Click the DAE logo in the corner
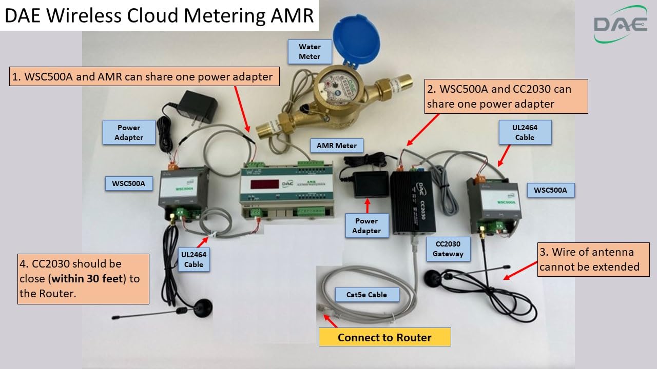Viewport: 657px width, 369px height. click(621, 24)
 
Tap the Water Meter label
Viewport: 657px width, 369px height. click(310, 51)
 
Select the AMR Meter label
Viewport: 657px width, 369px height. click(336, 146)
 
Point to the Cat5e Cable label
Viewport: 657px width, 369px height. click(366, 295)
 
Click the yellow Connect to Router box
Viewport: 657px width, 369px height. click(384, 337)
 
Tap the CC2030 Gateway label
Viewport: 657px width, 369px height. click(448, 249)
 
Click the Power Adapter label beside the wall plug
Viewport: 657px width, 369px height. click(129, 132)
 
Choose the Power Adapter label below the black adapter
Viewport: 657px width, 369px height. click(366, 225)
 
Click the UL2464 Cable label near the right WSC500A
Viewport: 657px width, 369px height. click(525, 132)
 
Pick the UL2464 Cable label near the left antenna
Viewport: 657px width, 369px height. click(194, 259)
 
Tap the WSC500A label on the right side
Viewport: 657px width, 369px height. click(550, 190)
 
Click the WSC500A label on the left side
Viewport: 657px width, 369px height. click(129, 183)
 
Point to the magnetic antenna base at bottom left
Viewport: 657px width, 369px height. click(200, 308)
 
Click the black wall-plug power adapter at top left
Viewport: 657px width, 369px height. click(197, 108)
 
